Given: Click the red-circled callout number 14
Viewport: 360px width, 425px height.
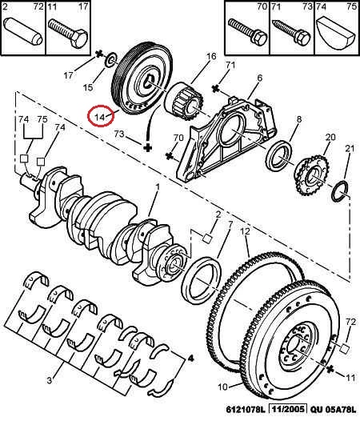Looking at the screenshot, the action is pos(99,117).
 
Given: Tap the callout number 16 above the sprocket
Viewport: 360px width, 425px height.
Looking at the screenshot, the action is pos(211,56).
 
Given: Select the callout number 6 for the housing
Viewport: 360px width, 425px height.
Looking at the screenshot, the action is pos(260,78).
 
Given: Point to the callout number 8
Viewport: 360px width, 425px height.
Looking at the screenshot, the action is pos(298,118).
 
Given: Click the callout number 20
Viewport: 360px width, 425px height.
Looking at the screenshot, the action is pos(330,137).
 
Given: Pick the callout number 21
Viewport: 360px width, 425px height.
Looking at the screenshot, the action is pos(350,148).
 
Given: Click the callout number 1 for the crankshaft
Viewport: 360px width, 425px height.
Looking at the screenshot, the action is pos(158,187).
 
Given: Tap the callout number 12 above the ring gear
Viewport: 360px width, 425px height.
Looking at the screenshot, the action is pos(245,231).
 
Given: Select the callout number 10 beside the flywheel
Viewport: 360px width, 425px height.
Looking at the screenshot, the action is pos(222,387).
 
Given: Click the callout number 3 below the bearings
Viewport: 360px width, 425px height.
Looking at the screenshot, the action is pos(49,380).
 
